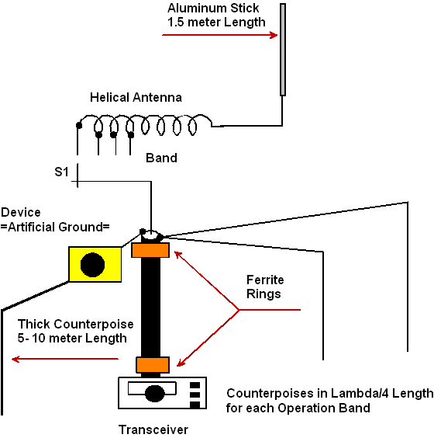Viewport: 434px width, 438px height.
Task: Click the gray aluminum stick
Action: coord(283,50)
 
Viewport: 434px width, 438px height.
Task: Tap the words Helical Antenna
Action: coord(136,98)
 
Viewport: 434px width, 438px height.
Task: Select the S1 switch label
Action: coord(61,172)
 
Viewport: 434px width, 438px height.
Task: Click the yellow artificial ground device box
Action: coord(95,264)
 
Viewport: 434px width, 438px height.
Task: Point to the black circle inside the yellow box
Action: coord(92,265)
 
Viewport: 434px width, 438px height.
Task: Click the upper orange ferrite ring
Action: coord(150,250)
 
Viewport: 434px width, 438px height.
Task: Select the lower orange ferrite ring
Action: coord(153,365)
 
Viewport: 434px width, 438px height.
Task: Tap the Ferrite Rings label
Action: coord(265,287)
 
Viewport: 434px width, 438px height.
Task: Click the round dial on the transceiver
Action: coord(155,393)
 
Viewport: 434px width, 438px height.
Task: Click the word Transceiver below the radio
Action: coord(153,429)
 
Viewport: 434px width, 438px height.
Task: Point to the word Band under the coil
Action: coord(161,158)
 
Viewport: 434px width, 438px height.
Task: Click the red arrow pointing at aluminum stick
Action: coord(219,35)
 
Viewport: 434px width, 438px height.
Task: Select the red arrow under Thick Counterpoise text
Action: coord(65,359)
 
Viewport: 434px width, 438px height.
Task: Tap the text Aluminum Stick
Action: coord(213,8)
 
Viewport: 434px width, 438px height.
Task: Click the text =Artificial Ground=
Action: coord(55,227)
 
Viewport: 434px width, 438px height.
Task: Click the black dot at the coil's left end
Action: coord(79,126)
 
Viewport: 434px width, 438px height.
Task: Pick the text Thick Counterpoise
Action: coord(75,325)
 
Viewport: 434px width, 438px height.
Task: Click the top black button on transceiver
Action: coord(195,385)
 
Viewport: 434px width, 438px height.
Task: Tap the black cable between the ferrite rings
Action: coord(150,308)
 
